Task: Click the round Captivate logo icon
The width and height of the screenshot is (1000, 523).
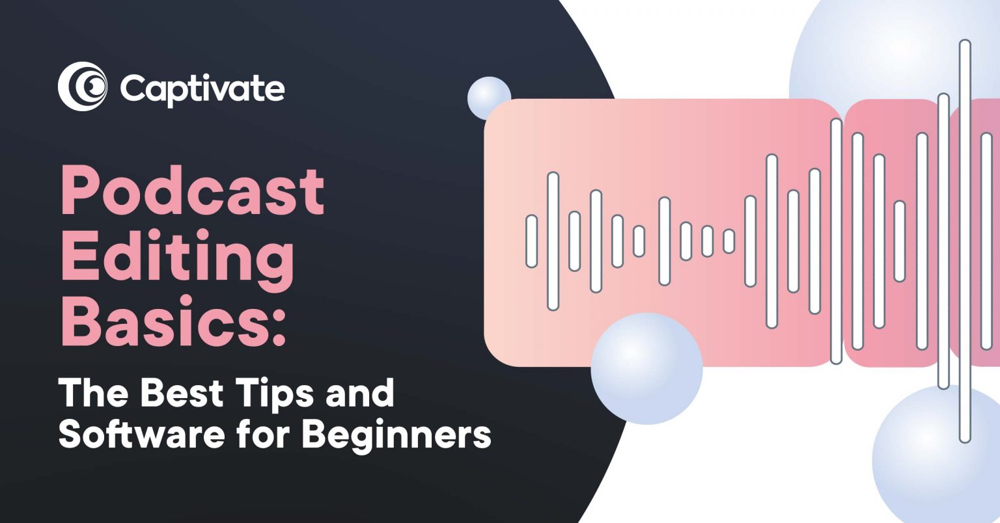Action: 82,87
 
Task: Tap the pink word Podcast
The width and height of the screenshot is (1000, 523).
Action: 192,191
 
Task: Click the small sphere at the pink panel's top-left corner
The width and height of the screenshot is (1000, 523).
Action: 489,98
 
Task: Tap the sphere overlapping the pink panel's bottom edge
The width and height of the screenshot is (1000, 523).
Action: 646,369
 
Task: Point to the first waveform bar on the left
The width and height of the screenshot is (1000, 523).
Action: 531,241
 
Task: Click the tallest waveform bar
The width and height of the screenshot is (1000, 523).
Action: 965,241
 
